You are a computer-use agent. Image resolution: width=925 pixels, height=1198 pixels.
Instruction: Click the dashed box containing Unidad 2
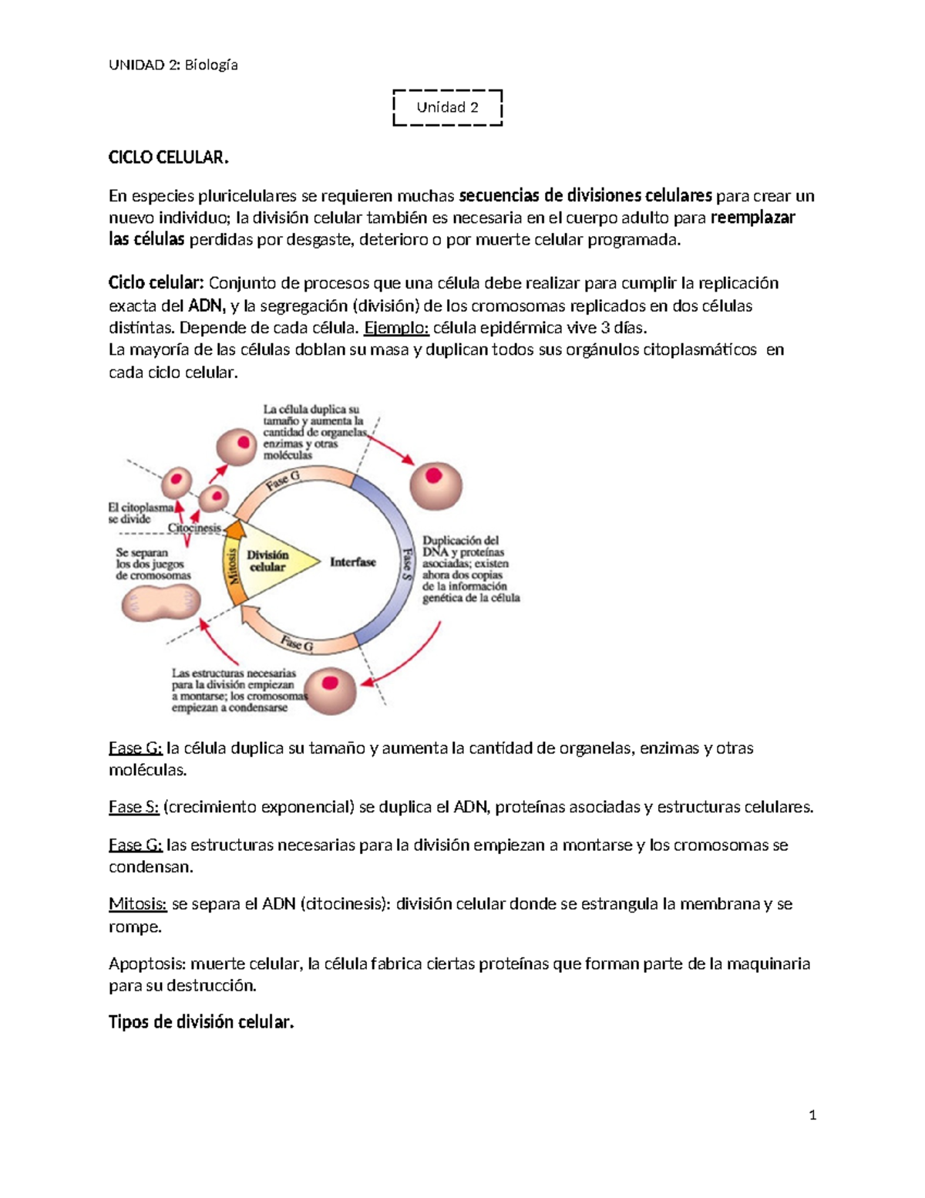447,107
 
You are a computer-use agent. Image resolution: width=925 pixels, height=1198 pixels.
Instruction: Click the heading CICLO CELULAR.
169,157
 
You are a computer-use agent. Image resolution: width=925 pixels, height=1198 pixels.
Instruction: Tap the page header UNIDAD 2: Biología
173,65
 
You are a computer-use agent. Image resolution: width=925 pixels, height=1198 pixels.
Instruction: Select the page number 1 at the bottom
812,1115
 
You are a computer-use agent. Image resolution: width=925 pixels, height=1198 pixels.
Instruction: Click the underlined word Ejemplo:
396,328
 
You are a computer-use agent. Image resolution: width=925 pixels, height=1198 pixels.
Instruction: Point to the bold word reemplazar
752,218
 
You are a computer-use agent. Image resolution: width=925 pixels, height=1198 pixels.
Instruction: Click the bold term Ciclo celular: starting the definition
156,283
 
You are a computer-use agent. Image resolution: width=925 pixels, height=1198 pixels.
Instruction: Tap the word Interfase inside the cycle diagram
352,562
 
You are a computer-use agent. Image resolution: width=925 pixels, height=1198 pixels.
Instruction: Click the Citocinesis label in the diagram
194,528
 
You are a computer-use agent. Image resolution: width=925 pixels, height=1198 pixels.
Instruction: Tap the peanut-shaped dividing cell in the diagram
161,603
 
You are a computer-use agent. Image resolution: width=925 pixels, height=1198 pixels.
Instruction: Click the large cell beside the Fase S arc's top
435,486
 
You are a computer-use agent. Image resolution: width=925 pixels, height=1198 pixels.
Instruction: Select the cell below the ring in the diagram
331,690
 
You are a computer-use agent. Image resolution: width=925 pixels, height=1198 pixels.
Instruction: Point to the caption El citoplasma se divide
140,513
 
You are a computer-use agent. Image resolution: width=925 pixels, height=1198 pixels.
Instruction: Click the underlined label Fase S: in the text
133,808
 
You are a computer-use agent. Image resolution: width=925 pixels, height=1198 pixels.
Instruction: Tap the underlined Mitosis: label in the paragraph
137,904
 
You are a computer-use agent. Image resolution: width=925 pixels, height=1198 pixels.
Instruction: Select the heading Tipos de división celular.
201,1023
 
